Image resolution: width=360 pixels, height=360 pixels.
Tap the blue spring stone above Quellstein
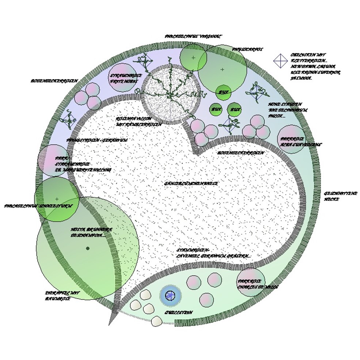(x=170, y=295)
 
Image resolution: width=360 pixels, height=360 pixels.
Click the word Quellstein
(x=178, y=313)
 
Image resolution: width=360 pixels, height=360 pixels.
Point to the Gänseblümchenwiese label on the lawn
(x=191, y=183)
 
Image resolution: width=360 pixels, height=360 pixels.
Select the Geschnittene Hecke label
(x=335, y=196)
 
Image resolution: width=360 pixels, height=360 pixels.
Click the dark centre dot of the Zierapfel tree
(x=88, y=249)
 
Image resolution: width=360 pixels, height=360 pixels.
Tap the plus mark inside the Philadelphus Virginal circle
(x=193, y=57)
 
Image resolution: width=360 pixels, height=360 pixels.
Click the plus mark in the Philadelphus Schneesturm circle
(x=57, y=199)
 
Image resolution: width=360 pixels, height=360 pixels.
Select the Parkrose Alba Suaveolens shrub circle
(x=291, y=139)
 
